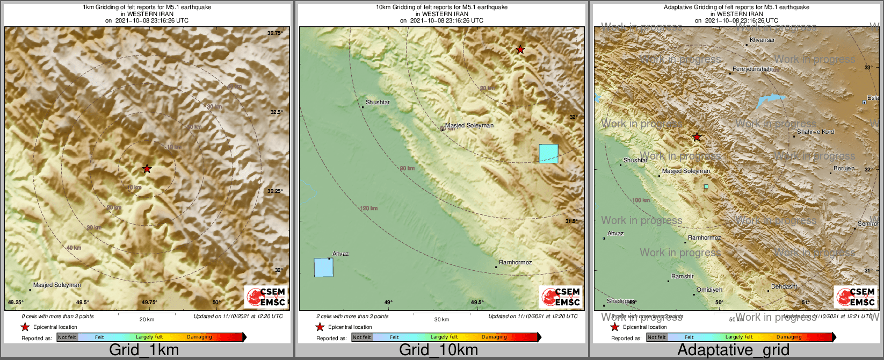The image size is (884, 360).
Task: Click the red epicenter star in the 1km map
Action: coord(147,169)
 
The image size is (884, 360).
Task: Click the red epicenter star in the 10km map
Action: coord(520,49)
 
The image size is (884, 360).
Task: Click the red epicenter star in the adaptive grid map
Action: coord(697,137)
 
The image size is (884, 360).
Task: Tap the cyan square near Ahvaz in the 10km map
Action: coord(323,268)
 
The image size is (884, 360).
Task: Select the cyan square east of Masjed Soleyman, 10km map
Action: coord(548,154)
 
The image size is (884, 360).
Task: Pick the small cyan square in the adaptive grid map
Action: coord(706,186)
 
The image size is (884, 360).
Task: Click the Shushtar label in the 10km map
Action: coord(378,102)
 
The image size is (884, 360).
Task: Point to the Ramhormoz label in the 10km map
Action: coord(515,262)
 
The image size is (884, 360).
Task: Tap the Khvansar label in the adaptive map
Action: coord(762,40)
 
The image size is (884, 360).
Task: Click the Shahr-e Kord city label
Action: coord(815,132)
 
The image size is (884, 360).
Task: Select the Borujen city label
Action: coord(844,168)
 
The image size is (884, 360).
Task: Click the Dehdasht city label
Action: coord(784,286)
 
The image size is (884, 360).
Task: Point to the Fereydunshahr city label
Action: coord(753,69)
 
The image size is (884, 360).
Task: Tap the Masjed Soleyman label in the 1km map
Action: coord(57,285)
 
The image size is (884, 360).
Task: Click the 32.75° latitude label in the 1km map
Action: coord(274,33)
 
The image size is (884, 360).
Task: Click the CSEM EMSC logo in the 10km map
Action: coord(561,297)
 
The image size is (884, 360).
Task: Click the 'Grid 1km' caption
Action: coord(144,350)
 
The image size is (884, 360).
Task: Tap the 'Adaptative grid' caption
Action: coord(733,350)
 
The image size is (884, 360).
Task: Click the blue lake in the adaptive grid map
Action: coord(771,100)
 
